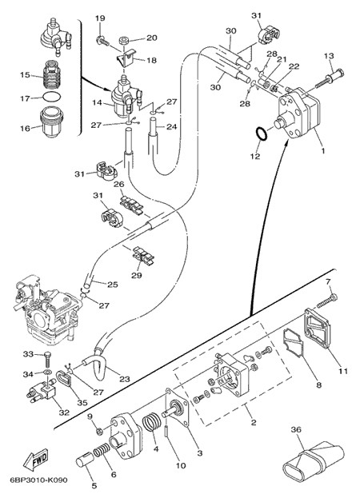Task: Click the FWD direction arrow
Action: pos(36,460)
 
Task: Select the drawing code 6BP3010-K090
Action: pos(38,480)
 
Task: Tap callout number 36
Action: pos(296,430)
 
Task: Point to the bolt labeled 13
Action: pos(330,77)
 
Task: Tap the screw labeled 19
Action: pos(102,41)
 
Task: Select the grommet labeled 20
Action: pos(124,41)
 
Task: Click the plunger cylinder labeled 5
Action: pos(85,460)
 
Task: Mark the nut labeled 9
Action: pos(99,431)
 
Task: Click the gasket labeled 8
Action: pos(294,345)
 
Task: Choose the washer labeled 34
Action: pos(47,371)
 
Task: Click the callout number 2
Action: pos(254,423)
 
